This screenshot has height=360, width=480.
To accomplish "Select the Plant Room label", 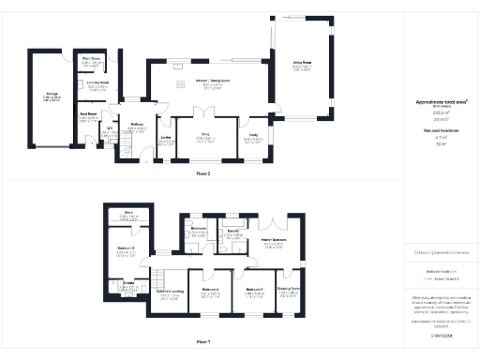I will (x=91, y=59).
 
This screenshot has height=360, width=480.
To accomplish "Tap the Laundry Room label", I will (x=97, y=82).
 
